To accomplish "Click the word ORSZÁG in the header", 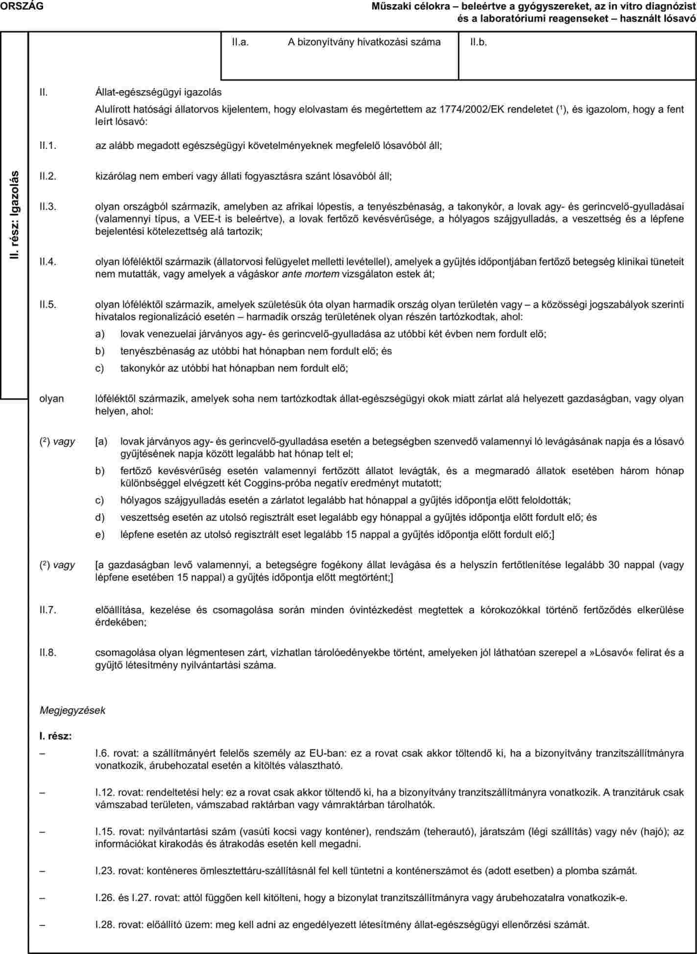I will pos(21,6).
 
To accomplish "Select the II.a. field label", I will pos(241,42).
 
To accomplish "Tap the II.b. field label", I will pos(479,42).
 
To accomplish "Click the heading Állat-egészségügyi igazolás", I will pos(158,92).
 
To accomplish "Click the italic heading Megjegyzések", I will pos(72,710).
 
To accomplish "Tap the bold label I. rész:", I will pos(55,736).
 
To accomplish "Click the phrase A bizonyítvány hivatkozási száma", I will pos(364,42).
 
